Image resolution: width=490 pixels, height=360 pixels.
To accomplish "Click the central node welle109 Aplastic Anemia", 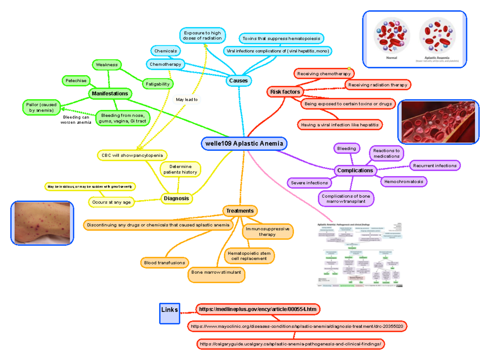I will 244,143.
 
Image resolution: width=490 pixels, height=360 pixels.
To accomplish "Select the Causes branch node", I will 238,81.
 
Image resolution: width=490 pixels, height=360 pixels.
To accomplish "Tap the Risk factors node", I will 285,92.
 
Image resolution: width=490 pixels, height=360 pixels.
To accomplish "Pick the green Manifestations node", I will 110,94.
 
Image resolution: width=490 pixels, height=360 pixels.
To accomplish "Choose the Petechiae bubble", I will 76,81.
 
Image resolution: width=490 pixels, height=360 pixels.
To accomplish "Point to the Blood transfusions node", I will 165,262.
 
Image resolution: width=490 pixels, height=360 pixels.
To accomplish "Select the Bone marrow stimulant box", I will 216,272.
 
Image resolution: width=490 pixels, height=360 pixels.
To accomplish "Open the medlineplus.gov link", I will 258,309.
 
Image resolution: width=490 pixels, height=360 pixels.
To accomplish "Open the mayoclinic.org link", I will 297,326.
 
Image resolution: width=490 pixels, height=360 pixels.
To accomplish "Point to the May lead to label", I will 187,99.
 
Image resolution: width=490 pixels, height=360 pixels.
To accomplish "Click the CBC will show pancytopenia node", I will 132,155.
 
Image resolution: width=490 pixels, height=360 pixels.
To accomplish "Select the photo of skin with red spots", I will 42,223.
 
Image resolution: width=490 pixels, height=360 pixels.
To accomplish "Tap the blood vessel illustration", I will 438,122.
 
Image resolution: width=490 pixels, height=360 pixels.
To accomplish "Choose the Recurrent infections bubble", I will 435,165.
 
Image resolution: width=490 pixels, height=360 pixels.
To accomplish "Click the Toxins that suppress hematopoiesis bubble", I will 282,38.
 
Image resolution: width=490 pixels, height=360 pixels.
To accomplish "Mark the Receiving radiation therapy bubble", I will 378,85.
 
